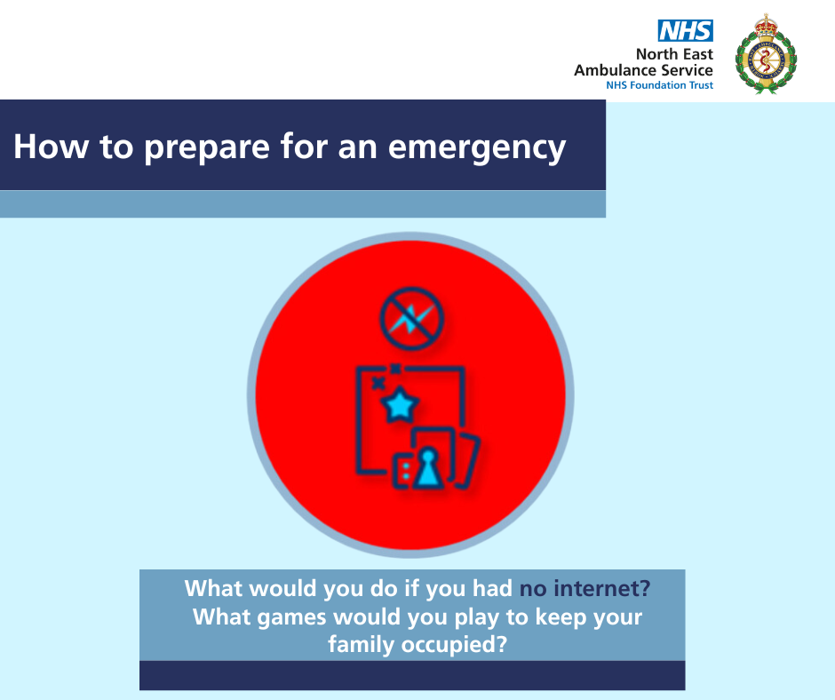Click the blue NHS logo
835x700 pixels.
(x=686, y=31)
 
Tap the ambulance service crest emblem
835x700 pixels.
(x=766, y=54)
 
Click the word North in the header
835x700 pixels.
(x=656, y=54)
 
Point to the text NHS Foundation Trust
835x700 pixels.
(x=659, y=85)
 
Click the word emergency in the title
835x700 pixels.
(x=477, y=147)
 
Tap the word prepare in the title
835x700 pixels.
(x=207, y=147)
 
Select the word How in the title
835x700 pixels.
(x=52, y=147)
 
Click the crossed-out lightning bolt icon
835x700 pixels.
(x=411, y=318)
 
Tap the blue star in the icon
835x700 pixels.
(x=400, y=406)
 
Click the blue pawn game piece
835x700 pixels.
(x=428, y=468)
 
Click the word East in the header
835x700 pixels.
(x=697, y=54)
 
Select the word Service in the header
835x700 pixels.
(x=687, y=70)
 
